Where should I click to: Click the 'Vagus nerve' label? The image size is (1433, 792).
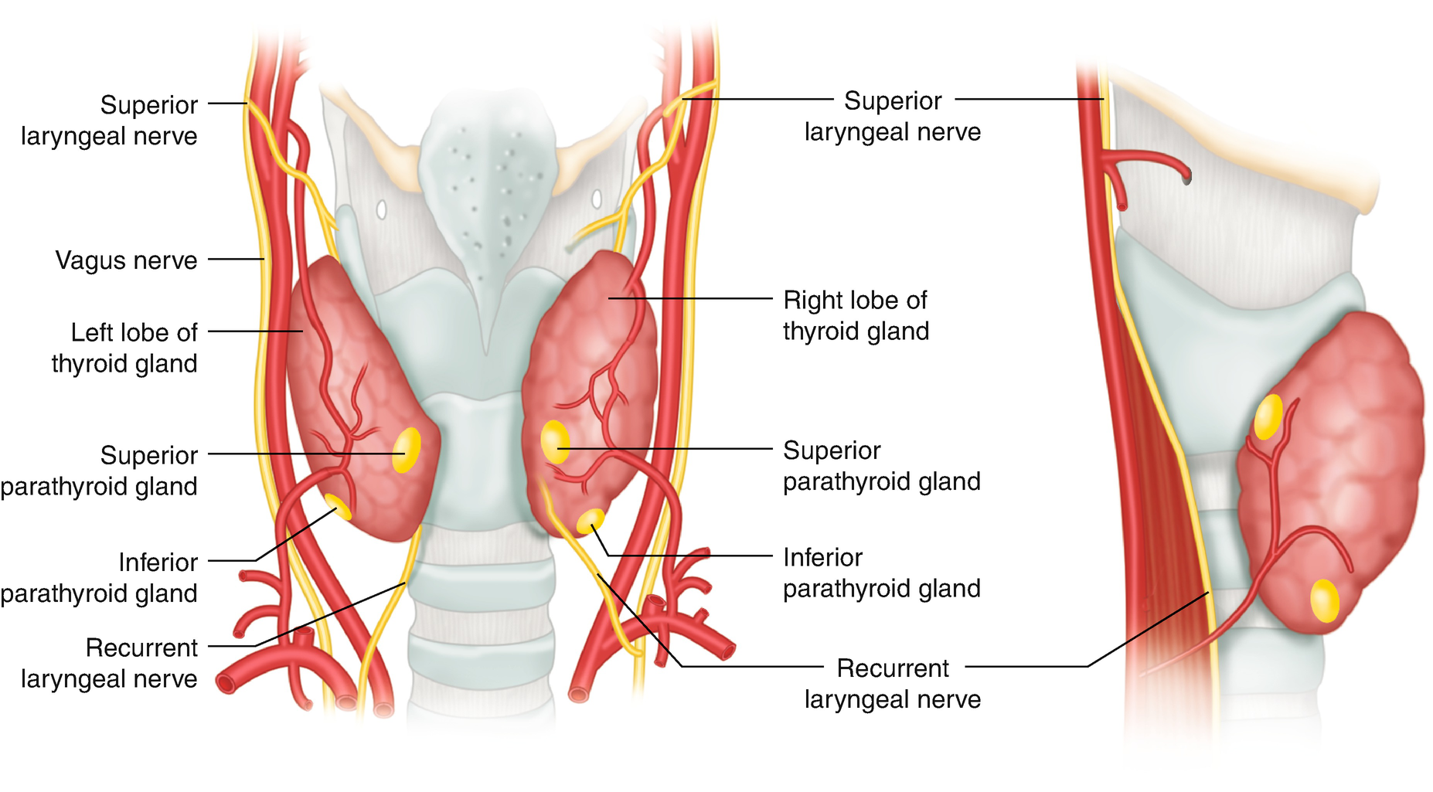coord(126,260)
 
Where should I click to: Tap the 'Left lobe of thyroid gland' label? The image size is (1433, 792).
coord(124,348)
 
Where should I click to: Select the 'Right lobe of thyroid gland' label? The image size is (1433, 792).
coord(856,315)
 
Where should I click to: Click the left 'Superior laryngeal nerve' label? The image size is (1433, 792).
coord(109,121)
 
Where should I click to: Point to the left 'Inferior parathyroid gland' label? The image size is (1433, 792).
coord(99,577)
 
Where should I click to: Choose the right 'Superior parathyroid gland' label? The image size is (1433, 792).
coord(881,465)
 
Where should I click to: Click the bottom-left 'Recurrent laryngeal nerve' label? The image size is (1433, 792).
coord(109,663)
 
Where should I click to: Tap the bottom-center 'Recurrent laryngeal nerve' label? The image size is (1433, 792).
coord(893,683)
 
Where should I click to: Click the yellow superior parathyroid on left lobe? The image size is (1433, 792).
coord(407,450)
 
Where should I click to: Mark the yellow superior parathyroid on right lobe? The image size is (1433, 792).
coord(554,442)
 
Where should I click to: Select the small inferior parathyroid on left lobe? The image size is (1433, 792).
coord(337,506)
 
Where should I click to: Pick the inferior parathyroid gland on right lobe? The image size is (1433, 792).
coord(591,521)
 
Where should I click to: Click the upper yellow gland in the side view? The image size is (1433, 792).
coord(1268,416)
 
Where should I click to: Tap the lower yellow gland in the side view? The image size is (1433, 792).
coord(1325,600)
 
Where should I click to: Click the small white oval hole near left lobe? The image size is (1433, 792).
coord(381,209)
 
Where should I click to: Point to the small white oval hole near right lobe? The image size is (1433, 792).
coord(596,199)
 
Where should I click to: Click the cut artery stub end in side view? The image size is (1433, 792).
coord(1186,177)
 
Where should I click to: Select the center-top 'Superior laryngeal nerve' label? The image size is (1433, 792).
coord(893,116)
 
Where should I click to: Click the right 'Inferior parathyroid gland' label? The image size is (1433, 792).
coord(881,573)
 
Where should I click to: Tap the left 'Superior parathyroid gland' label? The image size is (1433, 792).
coord(99,471)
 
